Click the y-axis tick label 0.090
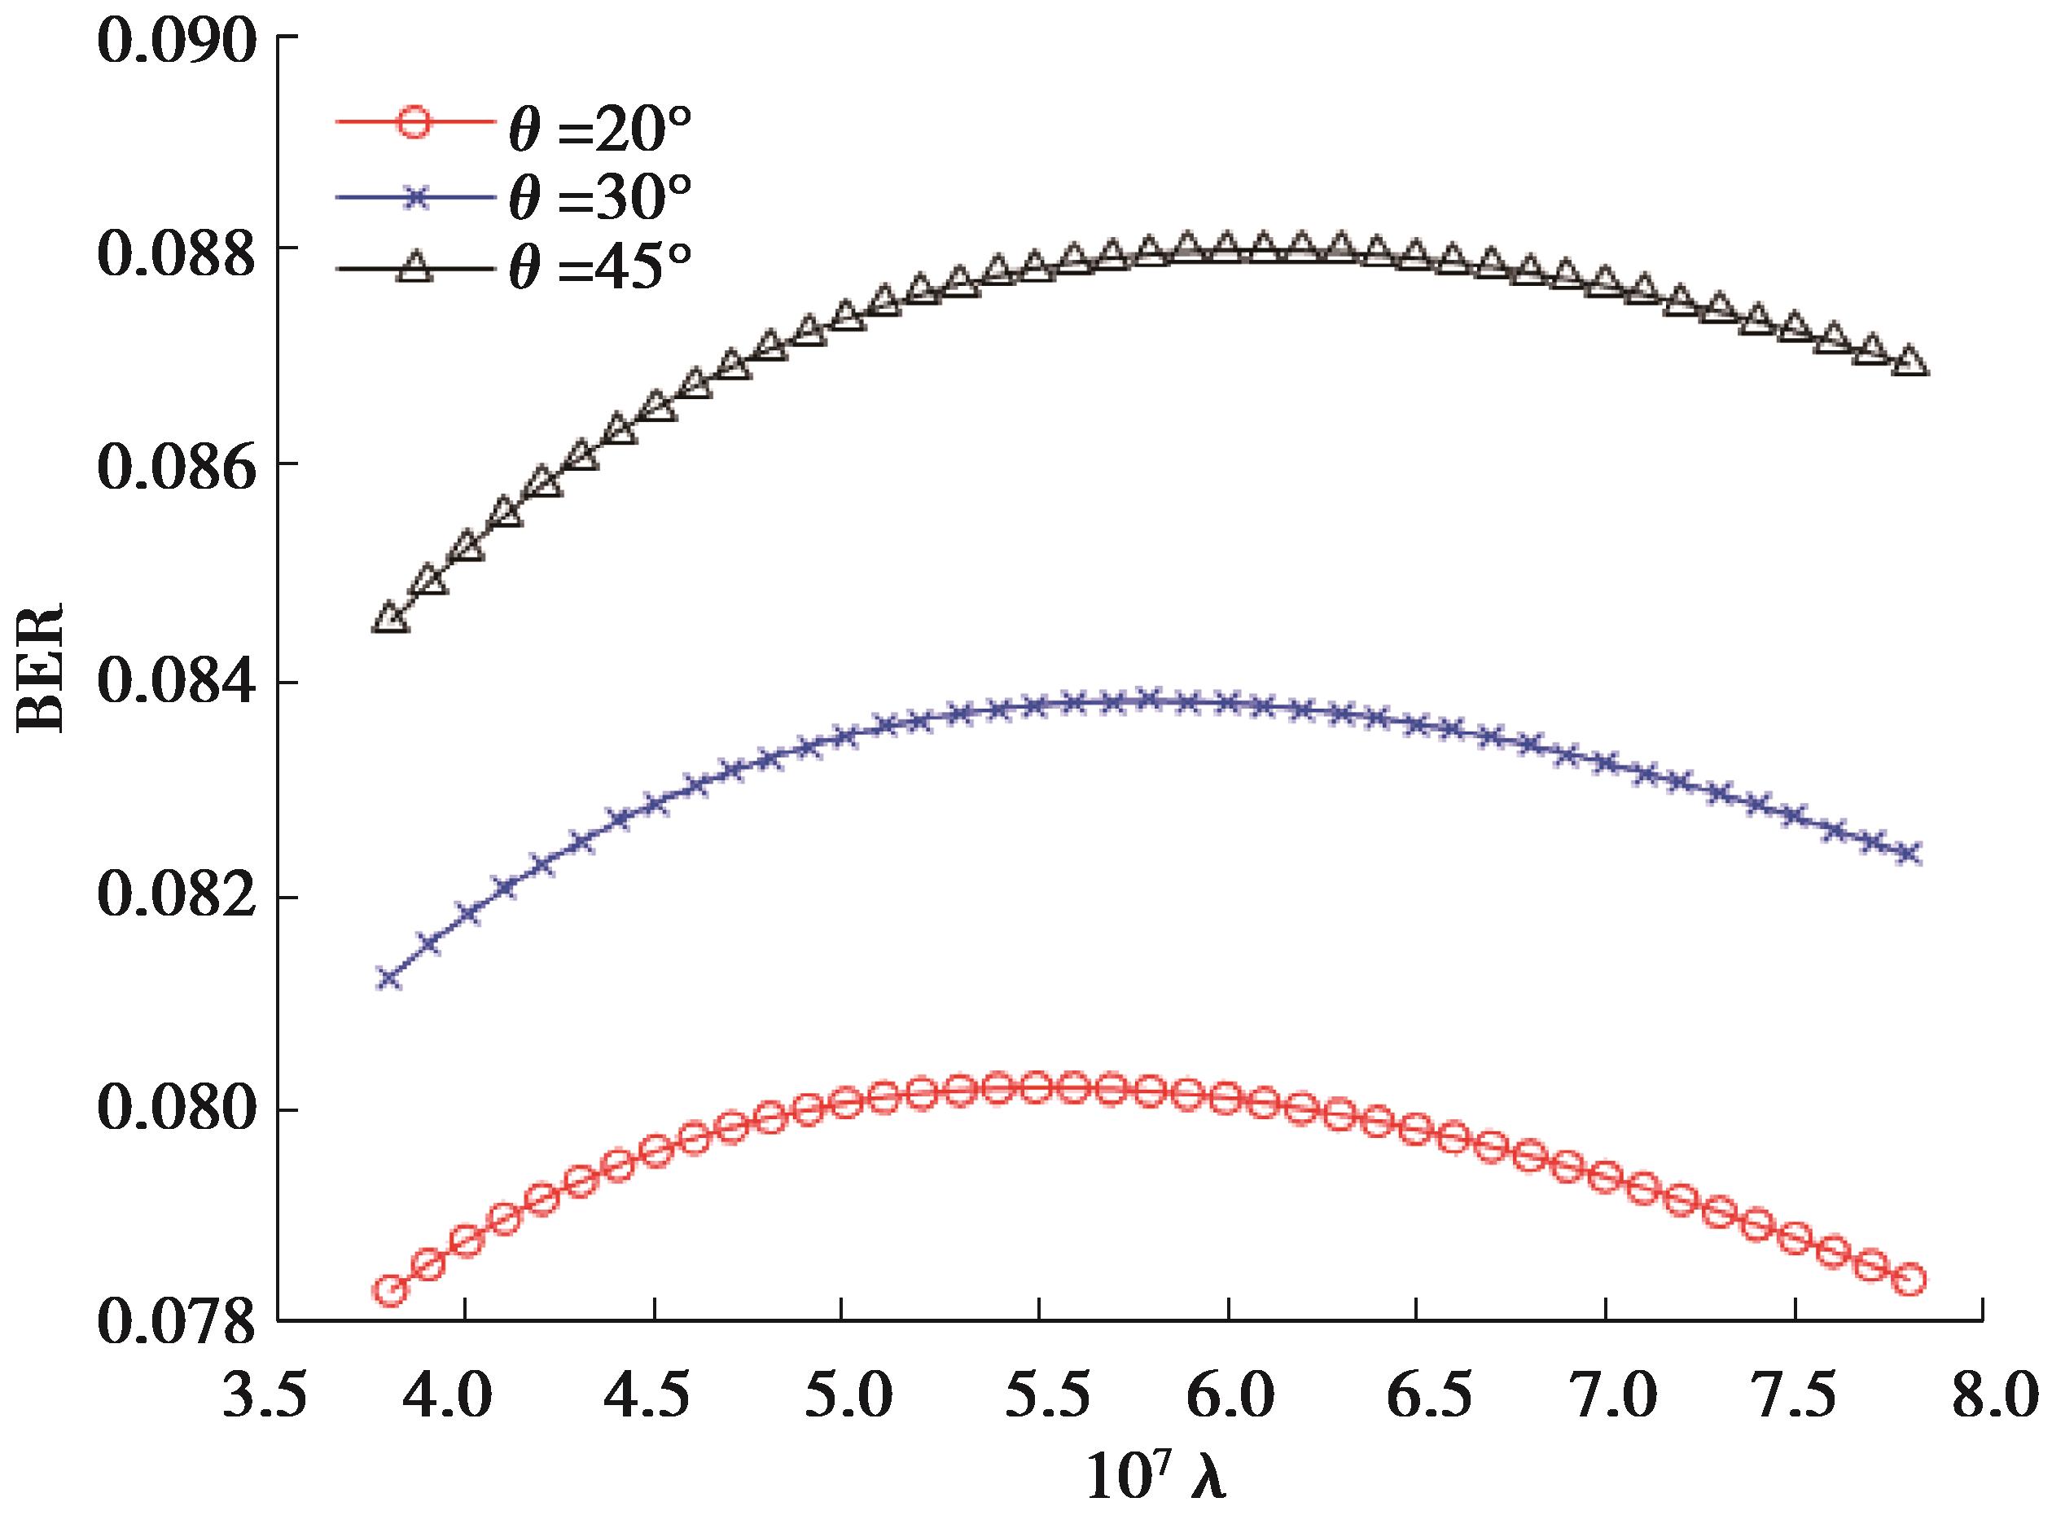point(175,39)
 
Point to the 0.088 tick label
point(175,253)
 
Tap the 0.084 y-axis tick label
point(175,684)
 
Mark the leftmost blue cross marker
point(390,979)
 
